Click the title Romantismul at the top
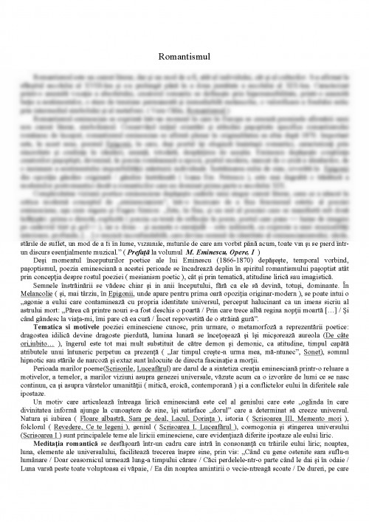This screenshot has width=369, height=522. (x=184, y=57)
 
